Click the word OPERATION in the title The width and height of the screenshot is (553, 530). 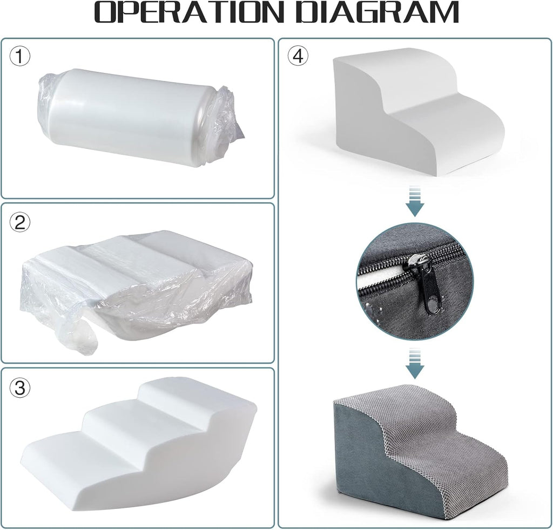click(189, 13)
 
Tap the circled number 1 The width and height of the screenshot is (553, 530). click(20, 56)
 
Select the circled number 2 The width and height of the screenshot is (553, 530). click(20, 222)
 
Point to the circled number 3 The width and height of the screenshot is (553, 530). click(20, 388)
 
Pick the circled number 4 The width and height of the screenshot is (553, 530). click(298, 56)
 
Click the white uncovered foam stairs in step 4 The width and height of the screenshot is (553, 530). click(420, 111)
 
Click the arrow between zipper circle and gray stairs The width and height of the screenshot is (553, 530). click(415, 363)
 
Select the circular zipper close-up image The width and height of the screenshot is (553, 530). click(415, 282)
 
